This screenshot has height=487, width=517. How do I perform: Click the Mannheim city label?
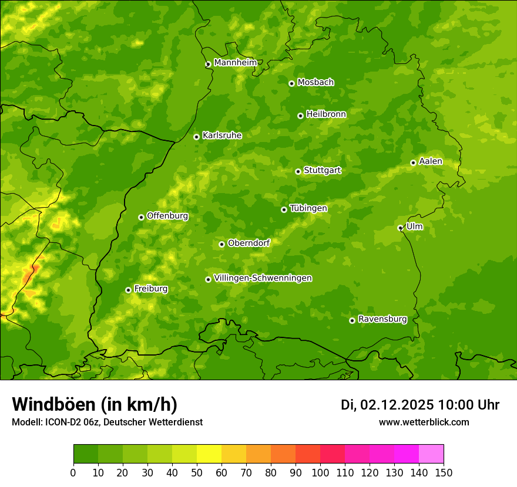(x=235, y=63)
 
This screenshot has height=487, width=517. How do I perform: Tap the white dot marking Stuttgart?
(x=298, y=171)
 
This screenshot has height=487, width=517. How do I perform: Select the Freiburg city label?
(x=150, y=289)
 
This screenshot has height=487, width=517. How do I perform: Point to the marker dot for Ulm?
(x=400, y=228)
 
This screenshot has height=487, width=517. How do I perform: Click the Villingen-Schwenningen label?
(x=263, y=278)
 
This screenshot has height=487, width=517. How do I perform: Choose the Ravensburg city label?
(x=382, y=319)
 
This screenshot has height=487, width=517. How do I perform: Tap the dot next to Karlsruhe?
(x=196, y=137)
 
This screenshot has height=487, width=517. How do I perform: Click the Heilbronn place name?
(x=326, y=114)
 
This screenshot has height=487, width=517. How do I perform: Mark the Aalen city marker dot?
(x=413, y=163)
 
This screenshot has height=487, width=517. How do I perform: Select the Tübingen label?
(x=308, y=208)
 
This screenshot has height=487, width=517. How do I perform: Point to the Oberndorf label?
(x=249, y=243)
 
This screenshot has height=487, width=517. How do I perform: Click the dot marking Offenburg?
(x=141, y=217)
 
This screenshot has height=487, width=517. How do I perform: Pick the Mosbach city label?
(x=315, y=82)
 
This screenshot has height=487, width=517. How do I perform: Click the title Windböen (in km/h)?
(x=95, y=404)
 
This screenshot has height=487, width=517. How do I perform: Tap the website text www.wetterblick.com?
(x=424, y=422)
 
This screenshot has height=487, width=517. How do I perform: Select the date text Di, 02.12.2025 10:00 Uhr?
(x=420, y=405)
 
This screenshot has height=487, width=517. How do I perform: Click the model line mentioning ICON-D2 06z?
(x=107, y=422)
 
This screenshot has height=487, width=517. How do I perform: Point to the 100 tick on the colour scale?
(x=320, y=473)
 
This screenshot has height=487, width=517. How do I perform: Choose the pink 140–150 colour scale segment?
(x=431, y=454)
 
